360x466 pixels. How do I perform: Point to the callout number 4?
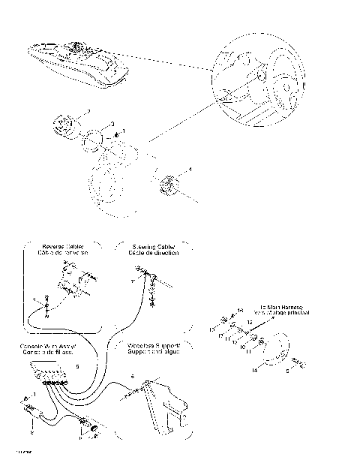[x=189, y=170]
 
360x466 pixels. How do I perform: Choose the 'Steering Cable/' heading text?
[x=154, y=246]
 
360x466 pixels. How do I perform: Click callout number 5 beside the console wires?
[x=77, y=368]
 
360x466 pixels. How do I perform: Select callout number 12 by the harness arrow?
[x=250, y=320]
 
